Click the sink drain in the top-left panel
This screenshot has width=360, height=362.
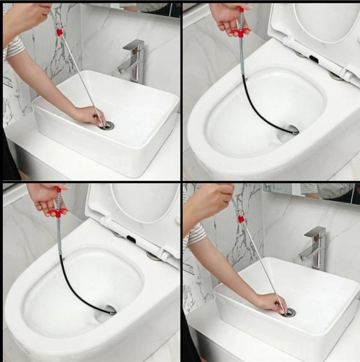pos(108,126)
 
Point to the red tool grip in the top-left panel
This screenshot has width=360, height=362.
pos(60,32)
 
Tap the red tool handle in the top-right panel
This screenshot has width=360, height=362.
pos(240,31)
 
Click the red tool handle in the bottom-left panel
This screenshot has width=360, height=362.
pos(58,212)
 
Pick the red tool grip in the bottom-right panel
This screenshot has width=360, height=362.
pos(241,219)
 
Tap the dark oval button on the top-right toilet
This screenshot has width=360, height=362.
pos(313,59)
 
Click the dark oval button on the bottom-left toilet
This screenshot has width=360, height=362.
pos(131,240)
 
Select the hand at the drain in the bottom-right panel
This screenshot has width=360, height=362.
pos(270,303)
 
